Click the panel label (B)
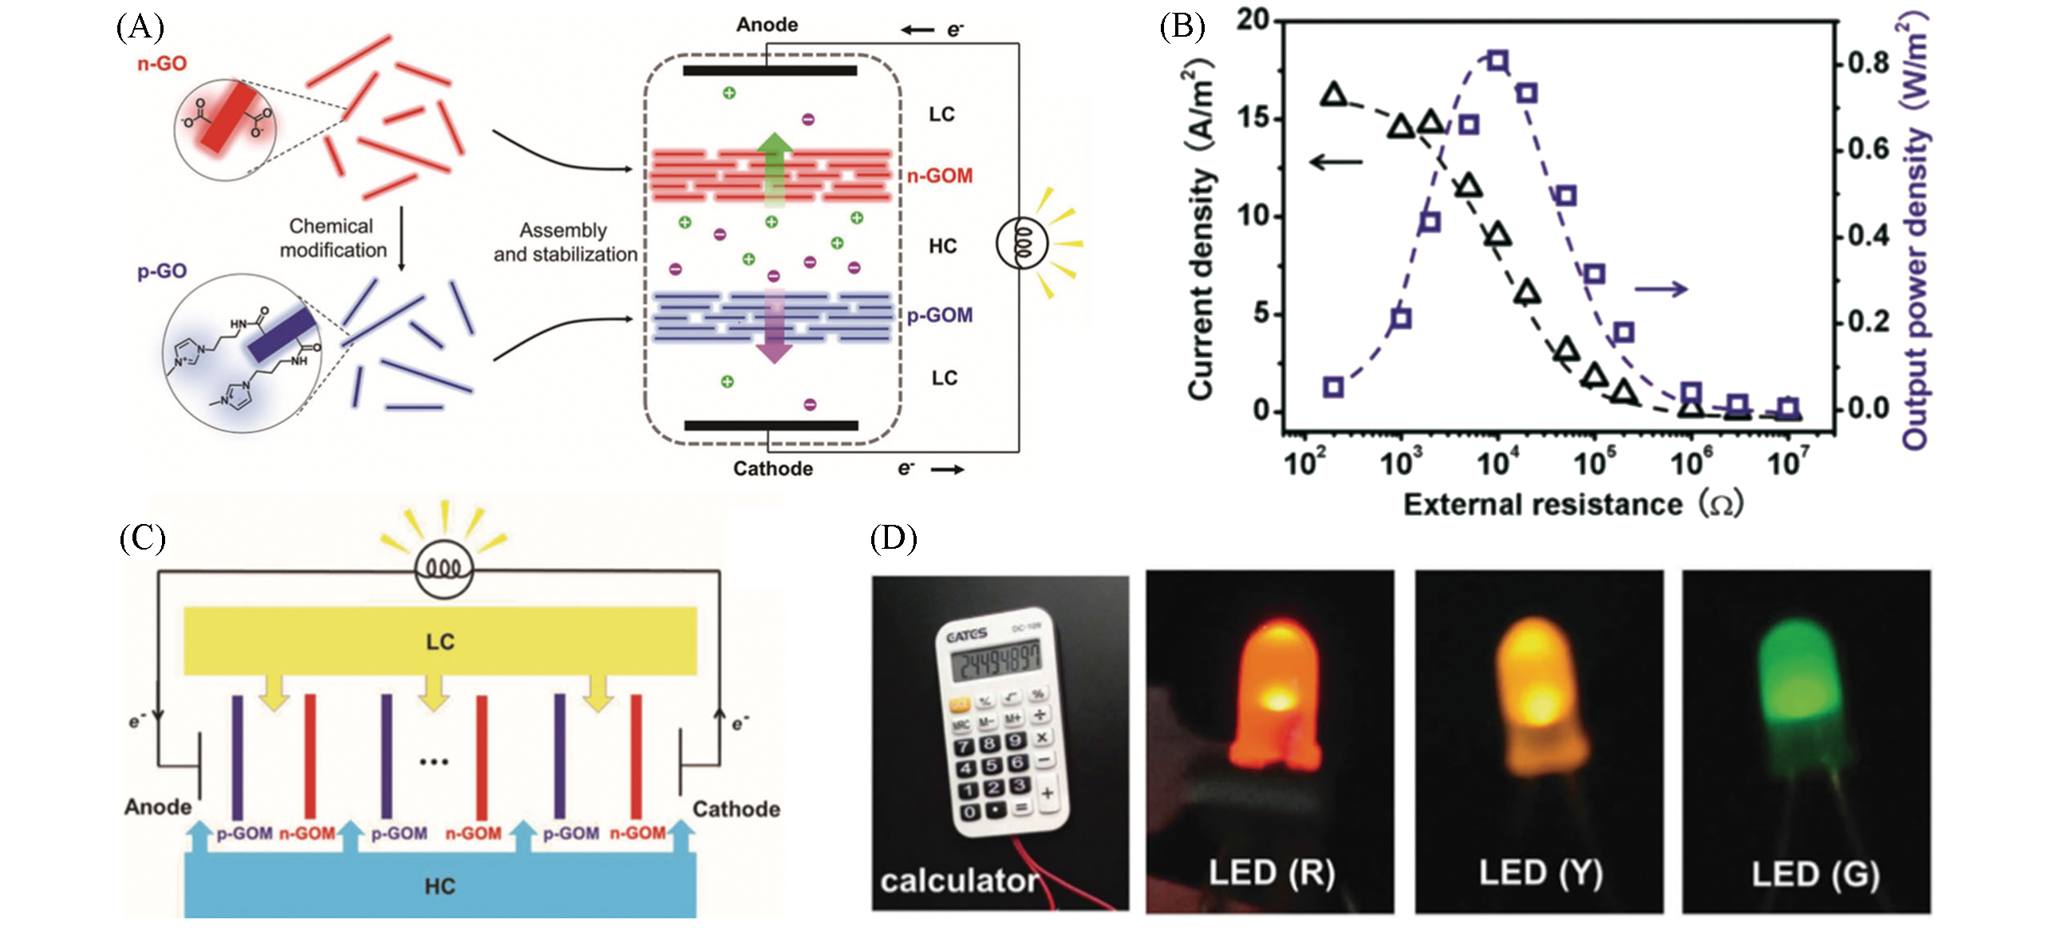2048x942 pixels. tap(1182, 27)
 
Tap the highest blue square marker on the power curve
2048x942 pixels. tap(1498, 61)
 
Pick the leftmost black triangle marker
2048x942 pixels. tap(1334, 96)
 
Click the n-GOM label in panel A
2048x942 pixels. tap(939, 175)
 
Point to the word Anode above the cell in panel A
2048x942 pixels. tap(767, 25)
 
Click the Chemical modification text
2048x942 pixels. tap(333, 238)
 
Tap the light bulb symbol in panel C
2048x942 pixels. tap(444, 570)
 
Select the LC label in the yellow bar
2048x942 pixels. tap(440, 642)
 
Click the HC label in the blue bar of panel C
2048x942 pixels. tap(440, 886)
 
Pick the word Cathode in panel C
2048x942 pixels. tap(736, 809)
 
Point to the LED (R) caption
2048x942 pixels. tap(1271, 873)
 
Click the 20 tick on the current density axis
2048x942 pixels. tap(1253, 20)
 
